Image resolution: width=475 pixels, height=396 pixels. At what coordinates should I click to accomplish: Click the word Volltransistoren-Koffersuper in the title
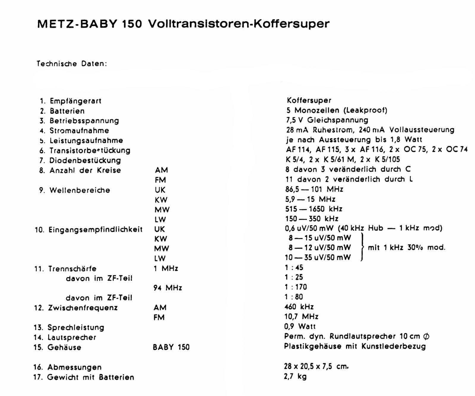pyautogui.click(x=239, y=24)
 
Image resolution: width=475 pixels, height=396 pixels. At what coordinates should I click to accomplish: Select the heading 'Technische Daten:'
pyautogui.click(x=72, y=64)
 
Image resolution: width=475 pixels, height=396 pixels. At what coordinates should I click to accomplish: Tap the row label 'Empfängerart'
pyautogui.click(x=75, y=101)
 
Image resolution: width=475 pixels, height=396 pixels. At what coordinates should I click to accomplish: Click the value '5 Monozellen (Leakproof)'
pyautogui.click(x=337, y=110)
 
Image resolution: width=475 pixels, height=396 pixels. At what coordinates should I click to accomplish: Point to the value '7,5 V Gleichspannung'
pyautogui.click(x=327, y=120)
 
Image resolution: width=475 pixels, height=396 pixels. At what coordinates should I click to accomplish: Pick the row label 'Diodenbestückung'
pyautogui.click(x=85, y=161)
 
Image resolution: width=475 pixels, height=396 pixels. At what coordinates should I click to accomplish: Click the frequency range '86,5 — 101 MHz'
pyautogui.click(x=314, y=189)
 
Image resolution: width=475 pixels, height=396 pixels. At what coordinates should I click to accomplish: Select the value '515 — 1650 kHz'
pyautogui.click(x=313, y=209)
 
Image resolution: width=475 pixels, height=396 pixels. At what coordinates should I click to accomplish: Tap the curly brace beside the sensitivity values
pyautogui.click(x=362, y=247)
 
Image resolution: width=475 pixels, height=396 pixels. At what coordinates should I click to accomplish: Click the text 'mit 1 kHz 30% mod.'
pyautogui.click(x=406, y=247)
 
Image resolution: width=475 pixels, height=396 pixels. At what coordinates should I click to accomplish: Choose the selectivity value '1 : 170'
pyautogui.click(x=296, y=287)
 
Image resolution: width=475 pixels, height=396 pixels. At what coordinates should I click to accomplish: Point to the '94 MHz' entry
pyautogui.click(x=168, y=288)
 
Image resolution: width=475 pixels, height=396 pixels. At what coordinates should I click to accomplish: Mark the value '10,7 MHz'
pyautogui.click(x=301, y=316)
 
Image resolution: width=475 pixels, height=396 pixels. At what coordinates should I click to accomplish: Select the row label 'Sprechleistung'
pyautogui.click(x=76, y=327)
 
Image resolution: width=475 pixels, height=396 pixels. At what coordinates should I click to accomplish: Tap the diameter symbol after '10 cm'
pyautogui.click(x=426, y=336)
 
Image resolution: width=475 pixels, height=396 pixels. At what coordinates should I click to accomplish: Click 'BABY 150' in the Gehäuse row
pyautogui.click(x=171, y=347)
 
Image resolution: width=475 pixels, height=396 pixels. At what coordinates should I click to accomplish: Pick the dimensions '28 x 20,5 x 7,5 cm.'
pyautogui.click(x=316, y=366)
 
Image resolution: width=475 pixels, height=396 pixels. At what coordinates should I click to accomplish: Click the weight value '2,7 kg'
pyautogui.click(x=295, y=376)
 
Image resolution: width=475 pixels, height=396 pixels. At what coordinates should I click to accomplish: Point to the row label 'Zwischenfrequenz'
pyautogui.click(x=83, y=308)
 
